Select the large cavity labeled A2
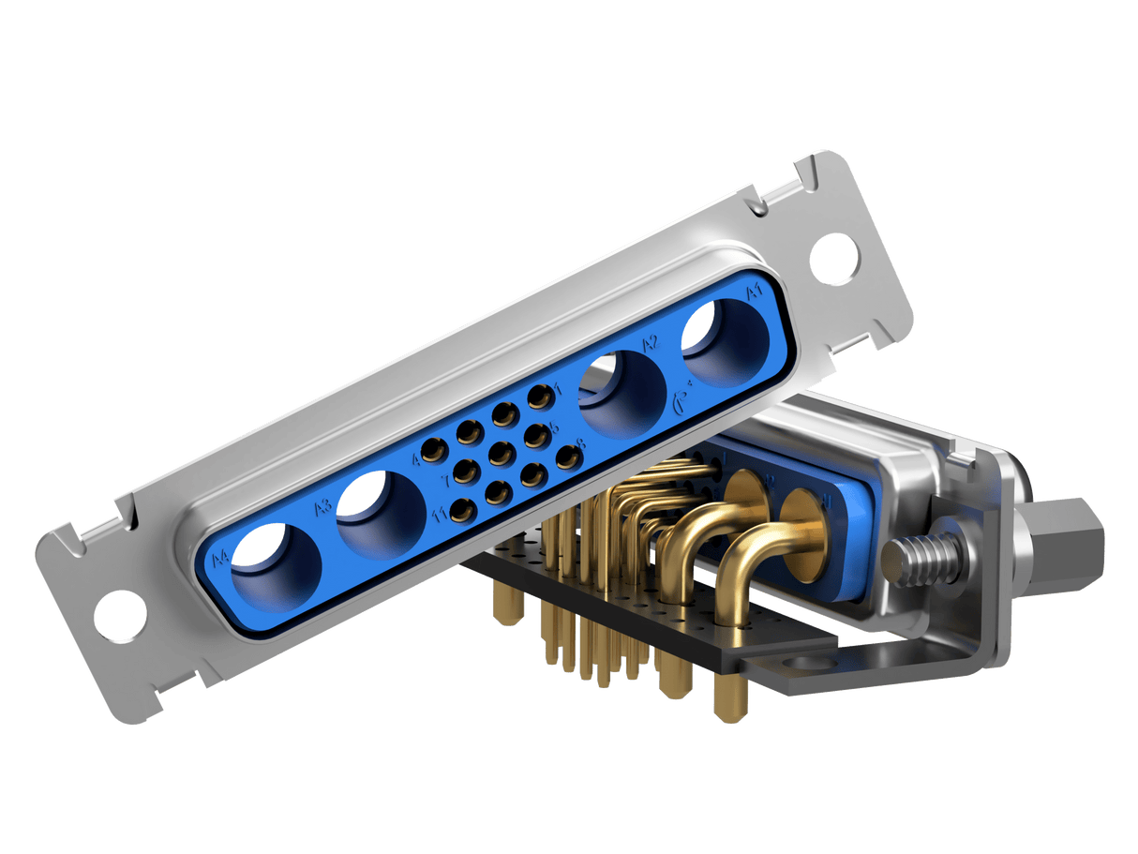click(624, 394)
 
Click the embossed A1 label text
click(754, 294)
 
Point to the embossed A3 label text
click(322, 507)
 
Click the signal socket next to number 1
click(539, 398)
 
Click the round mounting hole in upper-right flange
click(834, 255)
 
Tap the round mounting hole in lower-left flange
click(122, 615)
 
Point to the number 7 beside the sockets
click(447, 482)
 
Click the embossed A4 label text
click(220, 560)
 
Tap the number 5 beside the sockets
click(554, 427)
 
